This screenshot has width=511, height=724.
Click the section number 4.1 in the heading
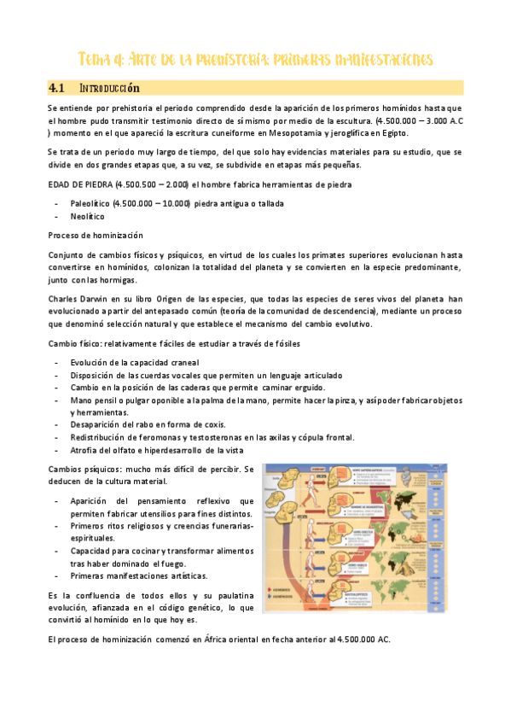(x=58, y=88)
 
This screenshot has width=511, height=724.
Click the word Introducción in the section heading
(x=109, y=88)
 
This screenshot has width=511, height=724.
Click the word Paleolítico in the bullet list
(x=90, y=203)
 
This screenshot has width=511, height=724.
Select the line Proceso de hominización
(x=96, y=235)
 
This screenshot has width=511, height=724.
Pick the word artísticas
(x=193, y=576)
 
